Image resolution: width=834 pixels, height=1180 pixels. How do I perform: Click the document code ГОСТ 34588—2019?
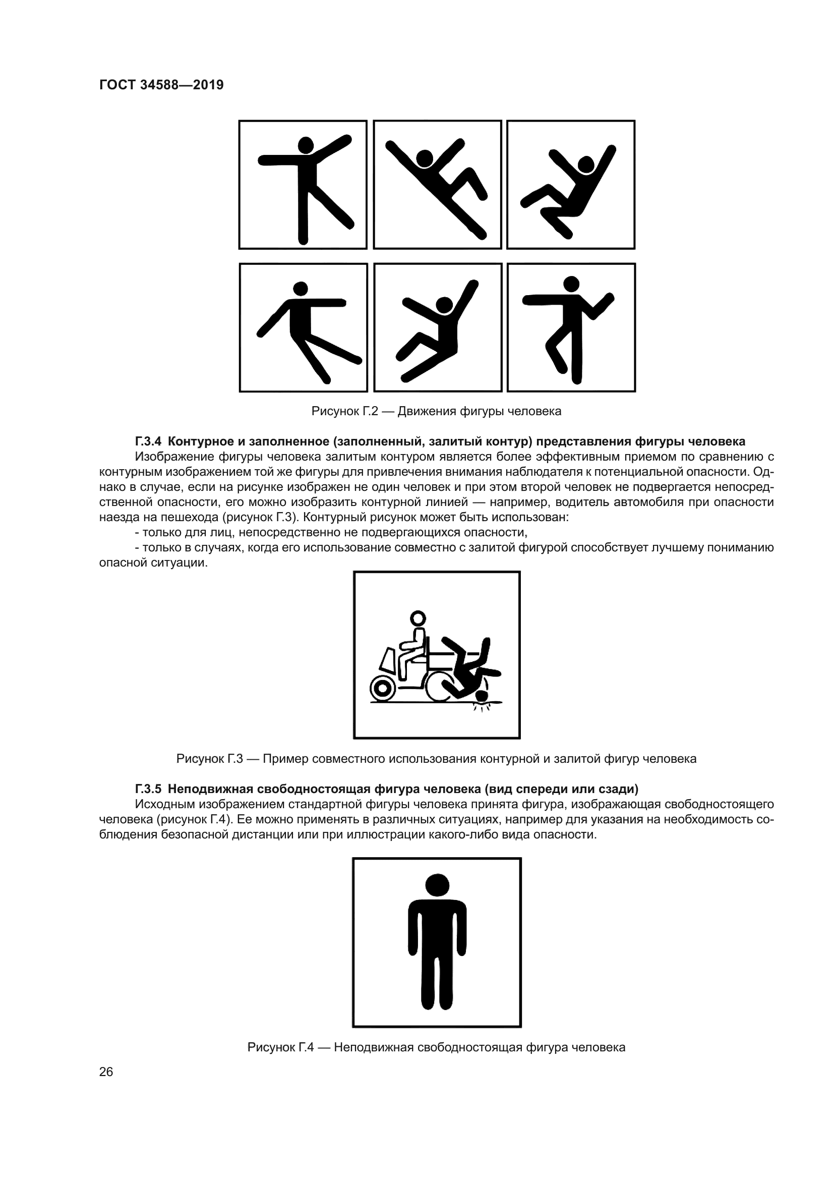click(161, 85)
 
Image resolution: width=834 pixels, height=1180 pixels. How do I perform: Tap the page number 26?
click(106, 1072)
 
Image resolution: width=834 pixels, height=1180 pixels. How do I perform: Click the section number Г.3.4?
click(148, 441)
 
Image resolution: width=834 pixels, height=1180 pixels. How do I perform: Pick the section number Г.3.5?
click(148, 789)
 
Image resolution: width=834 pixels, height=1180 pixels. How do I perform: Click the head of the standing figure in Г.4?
click(437, 885)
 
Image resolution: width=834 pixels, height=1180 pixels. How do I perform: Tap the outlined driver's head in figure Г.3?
click(418, 617)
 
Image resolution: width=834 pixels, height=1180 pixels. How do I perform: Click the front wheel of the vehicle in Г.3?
click(382, 689)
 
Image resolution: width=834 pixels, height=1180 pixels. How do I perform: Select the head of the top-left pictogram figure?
click(306, 145)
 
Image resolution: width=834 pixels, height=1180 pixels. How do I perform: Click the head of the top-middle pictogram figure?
click(424, 158)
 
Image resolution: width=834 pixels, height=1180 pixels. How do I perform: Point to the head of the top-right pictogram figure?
click(585, 165)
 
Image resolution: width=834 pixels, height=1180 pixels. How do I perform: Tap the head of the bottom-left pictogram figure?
click(300, 289)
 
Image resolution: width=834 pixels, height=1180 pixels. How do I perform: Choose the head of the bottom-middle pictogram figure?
click(444, 305)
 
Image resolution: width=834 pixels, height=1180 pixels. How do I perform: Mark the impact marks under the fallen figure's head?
click(481, 708)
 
